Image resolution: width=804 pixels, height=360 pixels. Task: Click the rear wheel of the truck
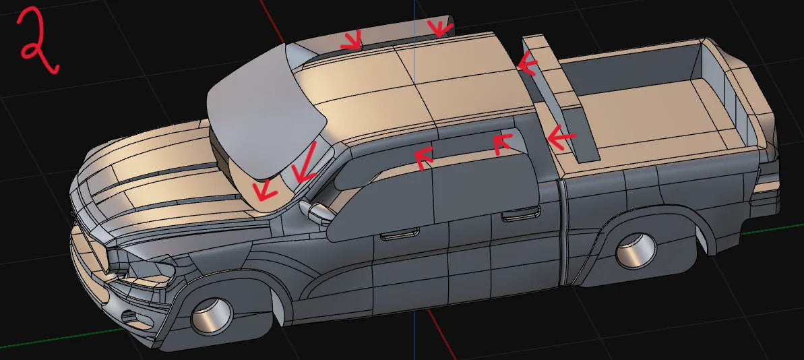click(636, 251)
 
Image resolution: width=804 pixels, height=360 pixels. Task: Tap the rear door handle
click(520, 213)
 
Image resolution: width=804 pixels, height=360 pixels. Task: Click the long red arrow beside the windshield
click(305, 162)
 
